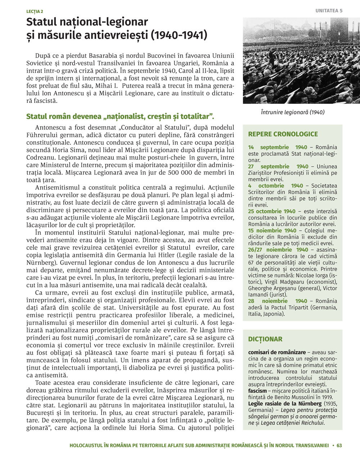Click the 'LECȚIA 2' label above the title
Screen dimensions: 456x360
(x=35, y=12)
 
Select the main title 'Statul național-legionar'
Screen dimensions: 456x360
(x=87, y=22)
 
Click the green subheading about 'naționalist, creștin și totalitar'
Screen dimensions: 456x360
(x=120, y=117)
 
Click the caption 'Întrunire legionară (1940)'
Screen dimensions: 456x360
(x=293, y=112)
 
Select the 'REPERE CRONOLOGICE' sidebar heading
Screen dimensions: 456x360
(x=283, y=134)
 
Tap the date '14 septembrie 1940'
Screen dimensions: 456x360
(x=278, y=147)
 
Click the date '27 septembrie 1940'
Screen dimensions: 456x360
(x=278, y=167)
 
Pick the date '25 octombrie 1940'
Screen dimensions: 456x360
(x=271, y=211)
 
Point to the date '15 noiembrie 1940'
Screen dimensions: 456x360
(x=272, y=231)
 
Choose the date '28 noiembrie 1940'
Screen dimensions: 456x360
(x=278, y=301)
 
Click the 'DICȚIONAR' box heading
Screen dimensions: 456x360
(x=265, y=339)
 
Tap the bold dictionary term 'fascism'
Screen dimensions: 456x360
(x=257, y=391)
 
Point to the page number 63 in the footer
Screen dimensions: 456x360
(x=339, y=446)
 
